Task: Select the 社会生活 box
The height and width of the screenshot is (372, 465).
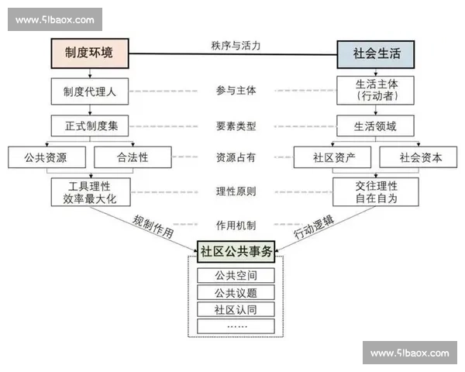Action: pyautogui.click(x=375, y=53)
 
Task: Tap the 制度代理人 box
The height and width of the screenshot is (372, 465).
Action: pyautogui.click(x=90, y=91)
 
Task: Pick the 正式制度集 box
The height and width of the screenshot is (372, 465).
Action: pyautogui.click(x=90, y=126)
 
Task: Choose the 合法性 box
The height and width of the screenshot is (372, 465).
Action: pyautogui.click(x=133, y=157)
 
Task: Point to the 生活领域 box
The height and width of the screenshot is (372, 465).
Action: pyautogui.click(x=375, y=126)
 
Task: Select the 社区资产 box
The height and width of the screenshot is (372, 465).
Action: pyautogui.click(x=335, y=157)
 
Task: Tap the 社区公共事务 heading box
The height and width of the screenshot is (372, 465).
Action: pyautogui.click(x=236, y=252)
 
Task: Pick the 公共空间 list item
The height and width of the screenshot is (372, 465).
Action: pyautogui.click(x=236, y=276)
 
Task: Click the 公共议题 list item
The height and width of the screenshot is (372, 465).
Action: pyautogui.click(x=236, y=293)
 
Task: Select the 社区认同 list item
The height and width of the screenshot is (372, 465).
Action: pyautogui.click(x=236, y=310)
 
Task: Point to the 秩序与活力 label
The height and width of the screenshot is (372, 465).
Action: pyautogui.click(x=236, y=45)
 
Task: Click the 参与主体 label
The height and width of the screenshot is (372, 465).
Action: pyautogui.click(x=236, y=91)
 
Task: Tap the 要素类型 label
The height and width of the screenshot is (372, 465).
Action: pyautogui.click(x=236, y=126)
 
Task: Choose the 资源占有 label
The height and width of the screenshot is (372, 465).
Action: pyautogui.click(x=236, y=157)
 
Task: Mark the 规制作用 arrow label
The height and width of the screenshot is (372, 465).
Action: pyautogui.click(x=153, y=226)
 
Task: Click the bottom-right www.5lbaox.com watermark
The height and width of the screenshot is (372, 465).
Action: pyautogui.click(x=409, y=353)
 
